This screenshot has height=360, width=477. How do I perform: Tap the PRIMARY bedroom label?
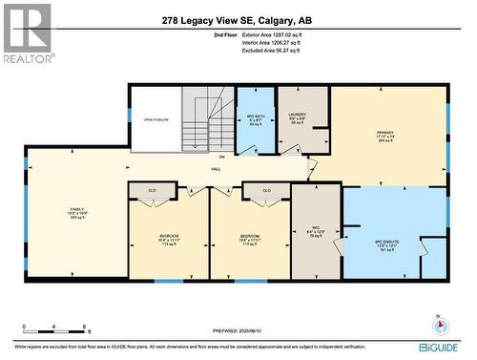pos(385,133)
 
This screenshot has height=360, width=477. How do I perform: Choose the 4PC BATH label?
pos(255,116)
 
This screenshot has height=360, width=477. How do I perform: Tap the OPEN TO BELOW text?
pos(156,119)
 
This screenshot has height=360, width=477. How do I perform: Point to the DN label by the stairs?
pos(221,156)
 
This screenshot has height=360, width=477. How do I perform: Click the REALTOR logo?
pos(26,32)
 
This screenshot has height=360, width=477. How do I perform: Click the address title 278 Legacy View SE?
pos(237,20)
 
